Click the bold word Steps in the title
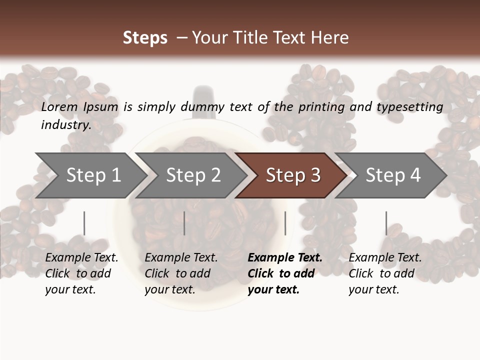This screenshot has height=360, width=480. [145, 38]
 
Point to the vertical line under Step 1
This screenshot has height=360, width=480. [84, 223]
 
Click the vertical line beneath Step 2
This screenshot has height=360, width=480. [184, 223]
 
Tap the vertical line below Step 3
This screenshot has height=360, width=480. [285, 223]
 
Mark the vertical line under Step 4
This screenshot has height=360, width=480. [386, 223]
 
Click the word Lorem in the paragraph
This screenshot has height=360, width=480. [59, 107]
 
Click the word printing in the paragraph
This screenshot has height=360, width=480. [321, 107]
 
